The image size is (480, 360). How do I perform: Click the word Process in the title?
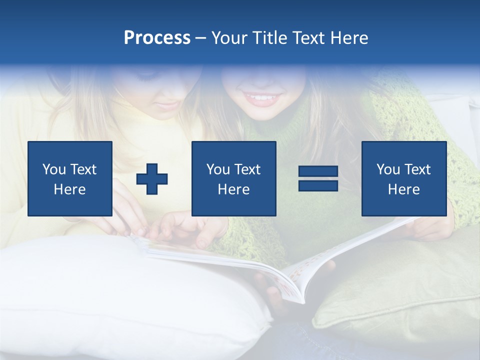click(157, 38)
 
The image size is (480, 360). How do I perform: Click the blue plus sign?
click(152, 179)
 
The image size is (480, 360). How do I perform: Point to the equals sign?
click(318, 178)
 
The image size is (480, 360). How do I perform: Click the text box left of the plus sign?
click(70, 178)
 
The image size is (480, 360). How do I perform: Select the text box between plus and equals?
click(233, 178)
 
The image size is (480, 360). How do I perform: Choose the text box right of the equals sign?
click(404, 178)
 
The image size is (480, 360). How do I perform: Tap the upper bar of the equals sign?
click(318, 171)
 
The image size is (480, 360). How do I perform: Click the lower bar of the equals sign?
click(318, 185)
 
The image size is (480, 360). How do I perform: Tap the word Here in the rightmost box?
click(403, 189)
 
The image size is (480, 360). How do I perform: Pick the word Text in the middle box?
click(247, 169)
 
